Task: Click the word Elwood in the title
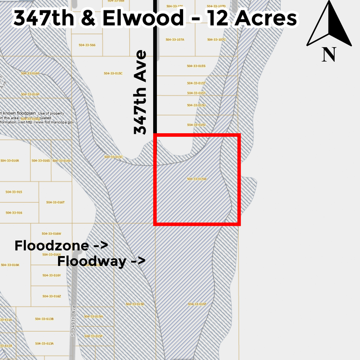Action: (143, 18)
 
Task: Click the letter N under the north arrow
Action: (329, 54)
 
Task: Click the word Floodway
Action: (92, 261)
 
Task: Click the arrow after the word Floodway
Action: (138, 261)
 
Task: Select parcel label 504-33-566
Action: (87, 45)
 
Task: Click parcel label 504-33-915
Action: (14, 192)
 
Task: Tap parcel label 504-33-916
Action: (14, 212)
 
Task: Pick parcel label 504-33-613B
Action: (44, 319)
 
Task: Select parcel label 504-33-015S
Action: (196, 66)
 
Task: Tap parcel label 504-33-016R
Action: (10, 161)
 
